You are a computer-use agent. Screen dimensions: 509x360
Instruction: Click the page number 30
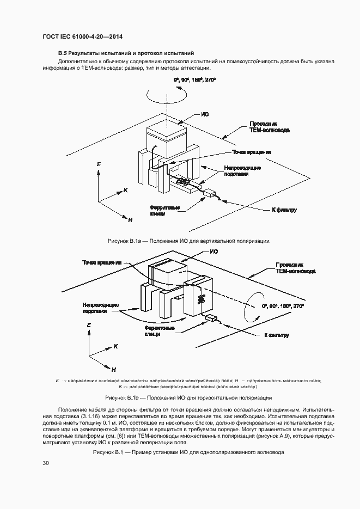coord(46,463)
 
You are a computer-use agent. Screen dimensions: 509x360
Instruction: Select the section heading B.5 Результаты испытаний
coord(126,53)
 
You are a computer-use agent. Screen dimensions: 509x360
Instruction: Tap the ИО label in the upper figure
coord(205,114)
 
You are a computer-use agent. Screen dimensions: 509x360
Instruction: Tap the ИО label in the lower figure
coord(214,252)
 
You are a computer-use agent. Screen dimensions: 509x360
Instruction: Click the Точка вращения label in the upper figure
coord(252,152)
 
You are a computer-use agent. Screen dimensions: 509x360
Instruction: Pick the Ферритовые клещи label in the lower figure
coord(160,331)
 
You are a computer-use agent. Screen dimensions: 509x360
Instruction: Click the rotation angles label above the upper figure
coord(194,80)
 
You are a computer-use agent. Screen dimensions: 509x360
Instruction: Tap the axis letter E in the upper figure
coord(98,164)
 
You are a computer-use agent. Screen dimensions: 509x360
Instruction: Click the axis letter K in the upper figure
coord(125,191)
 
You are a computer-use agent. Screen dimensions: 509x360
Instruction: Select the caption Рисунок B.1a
coord(182,240)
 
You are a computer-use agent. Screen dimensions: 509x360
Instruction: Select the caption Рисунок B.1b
coord(182,397)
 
